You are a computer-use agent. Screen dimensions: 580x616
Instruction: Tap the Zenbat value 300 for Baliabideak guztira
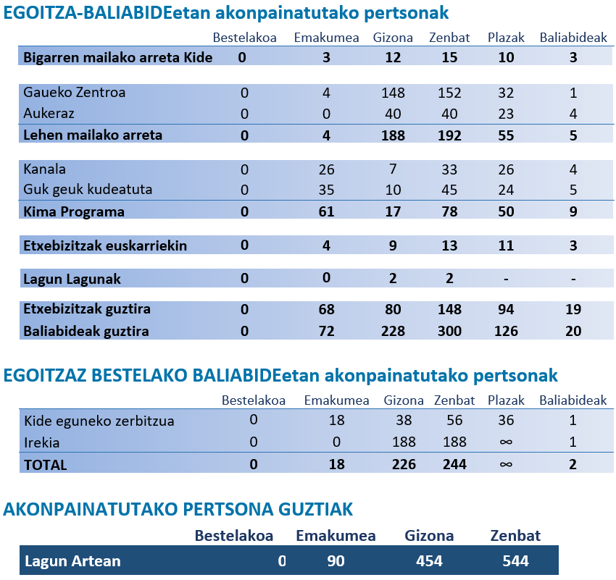pos(449,332)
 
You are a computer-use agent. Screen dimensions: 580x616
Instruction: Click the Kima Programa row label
pos(74,212)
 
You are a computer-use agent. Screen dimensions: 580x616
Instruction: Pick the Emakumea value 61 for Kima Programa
pos(327,212)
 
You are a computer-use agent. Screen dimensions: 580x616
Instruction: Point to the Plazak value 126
pos(506,332)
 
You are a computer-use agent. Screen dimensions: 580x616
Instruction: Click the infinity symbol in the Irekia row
pos(506,442)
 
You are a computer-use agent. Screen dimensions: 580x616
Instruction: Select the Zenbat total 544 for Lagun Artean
pos(515,561)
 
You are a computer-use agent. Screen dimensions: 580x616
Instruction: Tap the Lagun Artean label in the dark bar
pos(72,561)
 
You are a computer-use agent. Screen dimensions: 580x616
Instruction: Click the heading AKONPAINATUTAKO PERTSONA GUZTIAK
pos(178,509)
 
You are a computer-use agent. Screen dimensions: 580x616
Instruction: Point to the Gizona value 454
pos(429,561)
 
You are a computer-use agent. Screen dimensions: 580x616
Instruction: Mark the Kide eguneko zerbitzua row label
pos(99,421)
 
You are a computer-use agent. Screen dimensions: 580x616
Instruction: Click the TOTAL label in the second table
pos(46,465)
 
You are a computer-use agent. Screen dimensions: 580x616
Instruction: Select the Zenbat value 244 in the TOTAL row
pos(454,465)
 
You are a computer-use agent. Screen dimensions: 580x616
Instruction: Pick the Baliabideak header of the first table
pos(573,38)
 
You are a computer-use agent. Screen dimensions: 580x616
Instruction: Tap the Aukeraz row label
pos(49,114)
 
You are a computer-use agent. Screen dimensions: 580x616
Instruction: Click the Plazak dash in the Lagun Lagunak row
pos(506,279)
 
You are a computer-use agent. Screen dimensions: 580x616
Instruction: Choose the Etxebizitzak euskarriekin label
pos(105,245)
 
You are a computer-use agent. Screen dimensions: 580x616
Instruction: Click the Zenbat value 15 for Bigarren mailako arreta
pos(449,57)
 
